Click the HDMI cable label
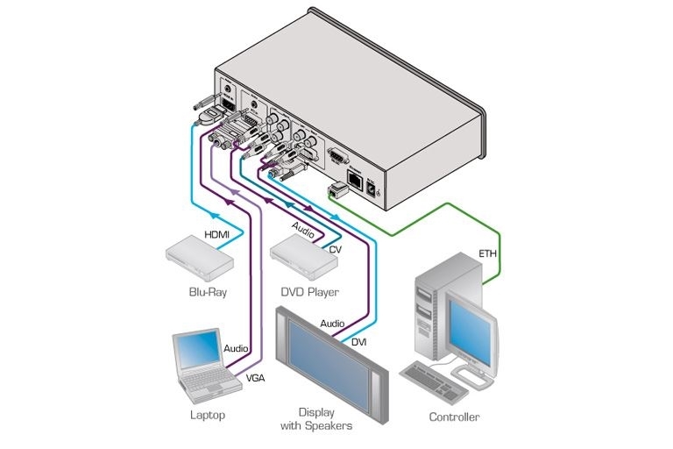pos(216,235)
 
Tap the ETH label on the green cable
pos(487,253)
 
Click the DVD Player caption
pos(308,292)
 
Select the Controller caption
pos(453,417)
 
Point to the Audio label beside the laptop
pos(237,348)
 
